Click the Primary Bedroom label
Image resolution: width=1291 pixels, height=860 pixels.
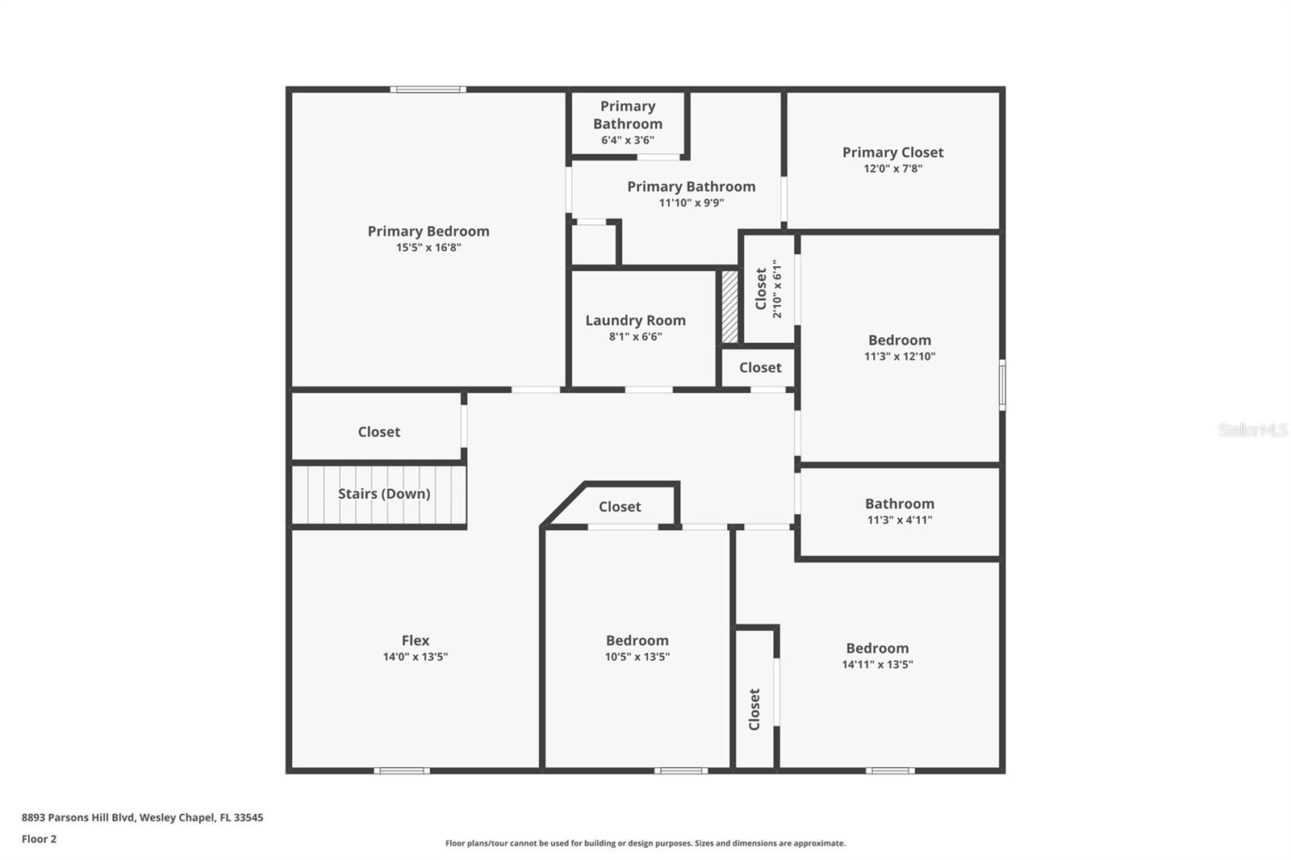point(428,232)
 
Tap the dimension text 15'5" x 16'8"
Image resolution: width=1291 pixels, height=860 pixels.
point(428,248)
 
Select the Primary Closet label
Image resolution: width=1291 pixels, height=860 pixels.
point(892,152)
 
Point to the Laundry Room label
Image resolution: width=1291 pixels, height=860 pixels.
point(635,320)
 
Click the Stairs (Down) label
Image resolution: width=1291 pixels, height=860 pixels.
point(383,494)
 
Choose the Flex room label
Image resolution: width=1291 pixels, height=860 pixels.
point(416,641)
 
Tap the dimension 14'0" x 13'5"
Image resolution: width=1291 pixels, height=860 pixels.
point(416,657)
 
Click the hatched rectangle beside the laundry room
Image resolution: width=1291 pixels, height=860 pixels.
point(729,307)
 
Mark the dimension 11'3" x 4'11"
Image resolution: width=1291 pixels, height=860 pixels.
point(900,520)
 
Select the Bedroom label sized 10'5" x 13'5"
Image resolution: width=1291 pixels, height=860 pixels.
point(637,641)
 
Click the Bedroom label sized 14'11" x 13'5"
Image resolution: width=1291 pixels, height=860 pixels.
point(877,649)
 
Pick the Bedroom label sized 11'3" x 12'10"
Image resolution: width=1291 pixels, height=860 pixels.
point(900,340)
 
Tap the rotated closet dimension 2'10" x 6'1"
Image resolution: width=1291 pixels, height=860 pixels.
point(777,289)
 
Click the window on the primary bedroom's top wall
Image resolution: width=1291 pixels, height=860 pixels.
point(428,90)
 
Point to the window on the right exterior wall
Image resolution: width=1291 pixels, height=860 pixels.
point(1002,386)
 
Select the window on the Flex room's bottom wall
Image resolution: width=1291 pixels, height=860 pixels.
point(402,770)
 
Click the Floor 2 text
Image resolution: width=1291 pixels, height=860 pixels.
point(39,839)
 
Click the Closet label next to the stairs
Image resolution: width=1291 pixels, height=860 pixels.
point(378,432)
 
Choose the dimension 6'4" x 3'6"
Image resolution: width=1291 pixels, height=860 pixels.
point(628,140)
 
